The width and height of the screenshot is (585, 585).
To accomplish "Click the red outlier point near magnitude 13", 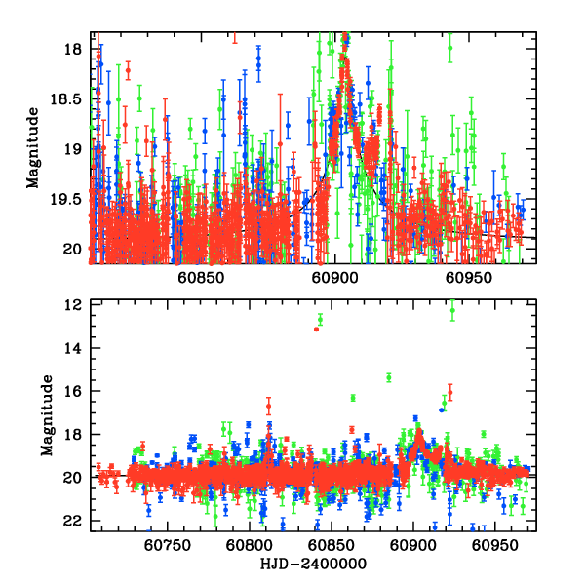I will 317,330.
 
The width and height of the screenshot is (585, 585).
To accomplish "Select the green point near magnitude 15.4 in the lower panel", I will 389,377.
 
